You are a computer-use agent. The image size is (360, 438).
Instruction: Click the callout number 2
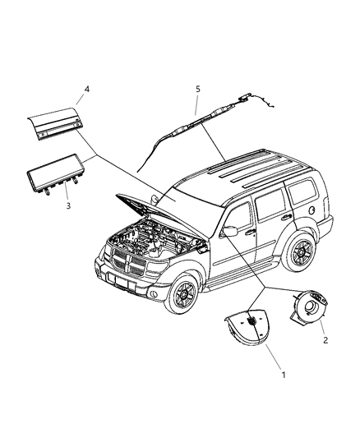point(325,339)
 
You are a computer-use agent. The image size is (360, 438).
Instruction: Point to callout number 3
point(69,205)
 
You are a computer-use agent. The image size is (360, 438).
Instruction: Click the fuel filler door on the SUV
point(315,209)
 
